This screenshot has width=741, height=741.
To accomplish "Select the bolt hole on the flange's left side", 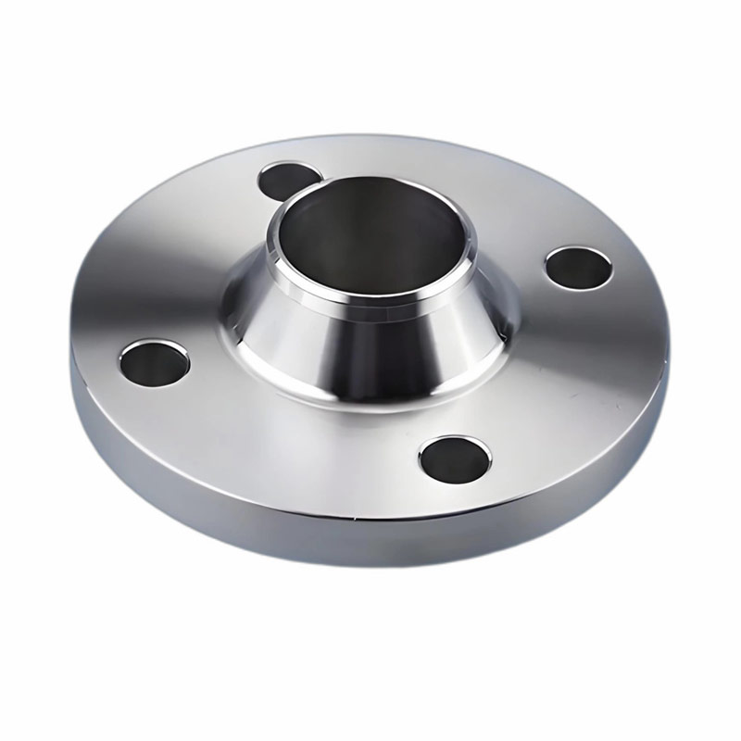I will tap(154, 361).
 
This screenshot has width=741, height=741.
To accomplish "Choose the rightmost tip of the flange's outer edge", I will tap(669, 306).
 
